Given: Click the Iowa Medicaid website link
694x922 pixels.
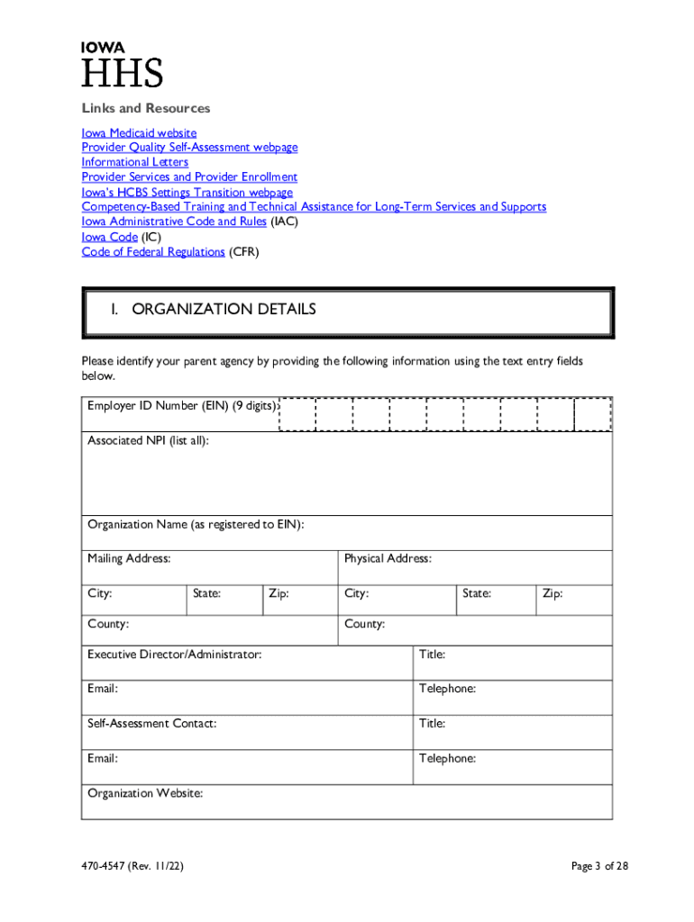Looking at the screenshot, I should (139, 132).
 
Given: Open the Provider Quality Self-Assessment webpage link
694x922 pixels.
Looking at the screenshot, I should (189, 147).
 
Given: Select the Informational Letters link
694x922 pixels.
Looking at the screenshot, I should (135, 162).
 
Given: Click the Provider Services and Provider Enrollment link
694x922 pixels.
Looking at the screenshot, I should (189, 177).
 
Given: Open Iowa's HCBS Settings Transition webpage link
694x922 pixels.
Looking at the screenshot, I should (187, 192).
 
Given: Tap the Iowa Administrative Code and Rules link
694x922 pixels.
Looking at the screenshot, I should (174, 221).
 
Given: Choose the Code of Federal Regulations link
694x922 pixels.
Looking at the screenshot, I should (153, 252).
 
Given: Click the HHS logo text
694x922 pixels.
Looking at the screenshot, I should (123, 74).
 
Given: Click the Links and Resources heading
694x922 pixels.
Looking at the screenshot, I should (146, 108).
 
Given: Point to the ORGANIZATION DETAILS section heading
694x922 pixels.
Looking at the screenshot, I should (224, 310).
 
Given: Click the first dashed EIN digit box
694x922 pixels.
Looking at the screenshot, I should (297, 414).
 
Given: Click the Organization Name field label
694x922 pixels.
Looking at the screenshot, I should (196, 524).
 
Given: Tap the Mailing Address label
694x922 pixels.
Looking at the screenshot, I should (129, 558).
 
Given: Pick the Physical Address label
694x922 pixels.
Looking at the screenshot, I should (388, 558).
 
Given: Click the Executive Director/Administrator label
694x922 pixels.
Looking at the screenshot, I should (175, 655).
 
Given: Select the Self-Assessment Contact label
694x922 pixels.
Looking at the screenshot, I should (151, 723).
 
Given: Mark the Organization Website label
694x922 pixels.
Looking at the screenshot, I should (145, 793).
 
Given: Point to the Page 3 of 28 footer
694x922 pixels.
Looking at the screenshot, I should (599, 866).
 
